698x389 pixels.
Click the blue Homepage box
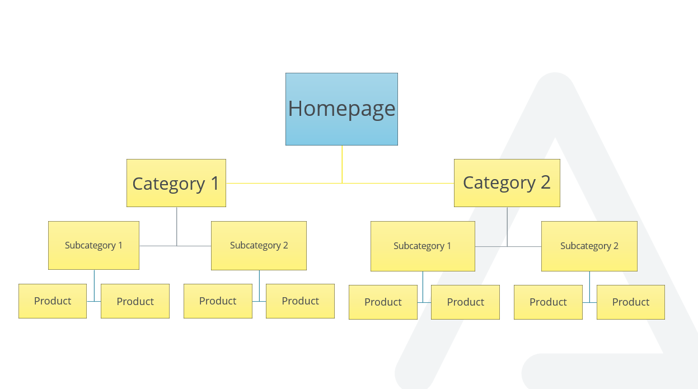click(341, 109)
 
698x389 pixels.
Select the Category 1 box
click(176, 183)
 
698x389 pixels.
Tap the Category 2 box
click(507, 183)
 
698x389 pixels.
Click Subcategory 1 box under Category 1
click(94, 245)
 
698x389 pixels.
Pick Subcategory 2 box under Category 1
click(259, 246)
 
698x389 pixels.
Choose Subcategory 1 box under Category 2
click(423, 246)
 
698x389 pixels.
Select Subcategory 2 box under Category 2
click(589, 246)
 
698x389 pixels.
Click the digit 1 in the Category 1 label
click(215, 183)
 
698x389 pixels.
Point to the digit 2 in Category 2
click(545, 182)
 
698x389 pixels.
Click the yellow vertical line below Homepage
click(342, 164)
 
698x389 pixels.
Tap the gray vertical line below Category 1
click(177, 227)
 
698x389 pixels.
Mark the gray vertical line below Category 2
click(507, 227)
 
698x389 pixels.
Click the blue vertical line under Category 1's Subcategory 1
click(94, 285)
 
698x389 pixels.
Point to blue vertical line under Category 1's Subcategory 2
click(259, 286)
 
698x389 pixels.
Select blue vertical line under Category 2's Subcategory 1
click(423, 287)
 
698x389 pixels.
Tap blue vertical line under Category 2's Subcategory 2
click(589, 287)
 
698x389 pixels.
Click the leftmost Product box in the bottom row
click(53, 301)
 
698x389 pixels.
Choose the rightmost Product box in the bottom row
click(631, 302)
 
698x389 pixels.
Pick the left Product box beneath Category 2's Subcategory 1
click(383, 302)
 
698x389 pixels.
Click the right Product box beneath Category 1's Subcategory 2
click(300, 301)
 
